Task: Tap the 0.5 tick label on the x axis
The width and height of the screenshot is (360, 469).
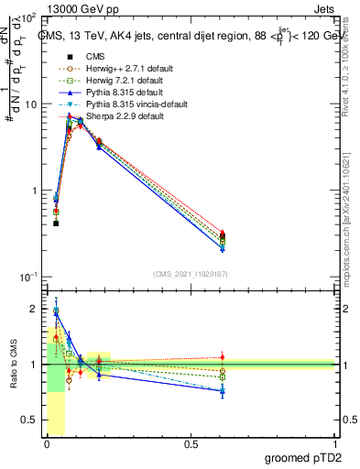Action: coord(191,443)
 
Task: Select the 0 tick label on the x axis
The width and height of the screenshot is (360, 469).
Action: coord(47,443)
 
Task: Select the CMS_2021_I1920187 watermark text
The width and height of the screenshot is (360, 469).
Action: coord(191,272)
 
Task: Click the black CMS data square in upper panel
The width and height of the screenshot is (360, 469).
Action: coord(56,224)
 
